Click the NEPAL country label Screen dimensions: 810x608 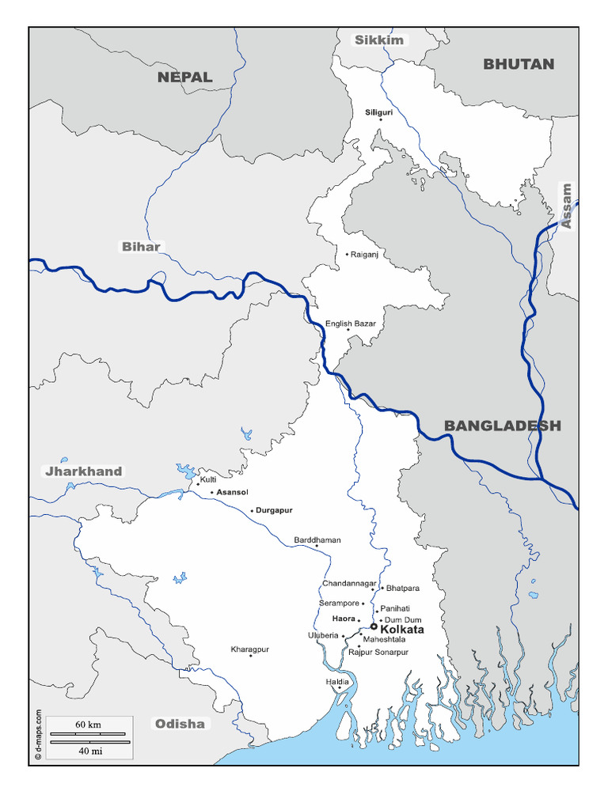(184, 77)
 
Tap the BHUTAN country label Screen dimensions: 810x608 (519, 64)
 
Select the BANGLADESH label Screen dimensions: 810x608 (502, 426)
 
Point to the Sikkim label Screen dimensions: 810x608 (378, 40)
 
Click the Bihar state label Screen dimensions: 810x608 (141, 247)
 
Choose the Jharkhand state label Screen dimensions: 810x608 (84, 471)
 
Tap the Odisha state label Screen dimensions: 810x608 (180, 724)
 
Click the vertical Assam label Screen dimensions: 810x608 (566, 206)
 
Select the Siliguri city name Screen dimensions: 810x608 (378, 113)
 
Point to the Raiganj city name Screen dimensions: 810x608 (364, 255)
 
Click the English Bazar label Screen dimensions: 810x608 (350, 324)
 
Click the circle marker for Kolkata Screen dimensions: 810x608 (374, 626)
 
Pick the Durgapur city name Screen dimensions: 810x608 (274, 510)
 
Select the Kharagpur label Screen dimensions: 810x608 (249, 649)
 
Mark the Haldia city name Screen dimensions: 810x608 (337, 681)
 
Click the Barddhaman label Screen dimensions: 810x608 (317, 540)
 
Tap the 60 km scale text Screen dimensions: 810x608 (88, 725)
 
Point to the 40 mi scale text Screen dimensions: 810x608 (89, 751)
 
